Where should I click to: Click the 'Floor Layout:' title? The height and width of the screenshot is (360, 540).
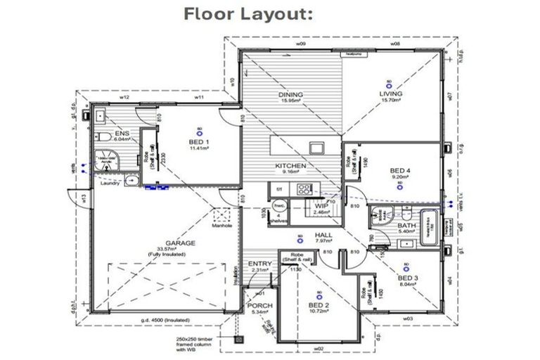[248, 13]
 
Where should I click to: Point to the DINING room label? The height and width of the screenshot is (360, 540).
[290, 95]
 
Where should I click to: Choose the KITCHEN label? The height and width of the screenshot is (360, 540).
[290, 166]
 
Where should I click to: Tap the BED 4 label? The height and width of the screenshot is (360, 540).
[400, 170]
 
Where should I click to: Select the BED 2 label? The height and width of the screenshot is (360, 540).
[319, 305]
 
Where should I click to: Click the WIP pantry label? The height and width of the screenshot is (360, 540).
[323, 205]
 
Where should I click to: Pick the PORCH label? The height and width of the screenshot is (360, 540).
[259, 307]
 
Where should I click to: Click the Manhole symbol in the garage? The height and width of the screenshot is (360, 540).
[223, 216]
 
